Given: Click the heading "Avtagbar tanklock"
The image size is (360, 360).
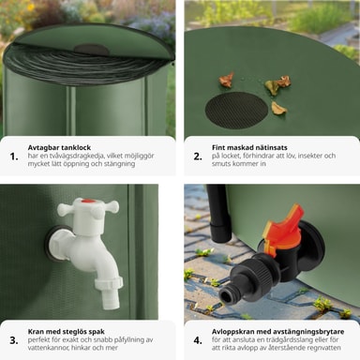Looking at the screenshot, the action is (59, 147).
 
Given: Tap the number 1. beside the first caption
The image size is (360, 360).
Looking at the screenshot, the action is (14, 157).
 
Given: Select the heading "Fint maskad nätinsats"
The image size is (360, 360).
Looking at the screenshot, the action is (249, 147).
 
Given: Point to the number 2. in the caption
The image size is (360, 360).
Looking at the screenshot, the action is (198, 157).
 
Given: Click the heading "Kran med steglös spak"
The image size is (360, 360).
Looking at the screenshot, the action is (67, 332).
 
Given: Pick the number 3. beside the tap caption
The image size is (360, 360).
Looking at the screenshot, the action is (14, 340).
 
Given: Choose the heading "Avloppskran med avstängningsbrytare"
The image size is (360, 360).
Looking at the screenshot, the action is (277, 332).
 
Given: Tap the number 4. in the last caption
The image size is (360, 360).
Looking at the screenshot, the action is (198, 340).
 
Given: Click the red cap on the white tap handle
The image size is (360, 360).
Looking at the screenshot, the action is (88, 202).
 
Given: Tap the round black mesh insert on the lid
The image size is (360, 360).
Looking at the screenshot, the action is (236, 111).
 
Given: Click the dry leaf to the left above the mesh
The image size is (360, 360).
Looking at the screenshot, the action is (226, 80).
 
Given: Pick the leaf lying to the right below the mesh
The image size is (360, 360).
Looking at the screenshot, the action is (278, 108).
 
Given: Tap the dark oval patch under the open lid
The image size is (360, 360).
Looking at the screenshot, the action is (92, 50).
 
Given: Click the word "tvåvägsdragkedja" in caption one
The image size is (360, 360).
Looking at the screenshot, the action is (73, 156).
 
